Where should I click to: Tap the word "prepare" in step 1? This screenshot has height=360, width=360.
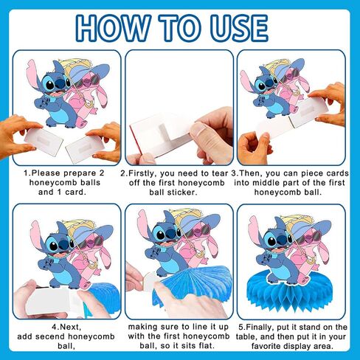[x=79, y=173]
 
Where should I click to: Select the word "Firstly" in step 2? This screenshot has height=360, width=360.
[x=142, y=173]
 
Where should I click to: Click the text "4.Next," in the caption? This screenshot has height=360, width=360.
[x=66, y=328]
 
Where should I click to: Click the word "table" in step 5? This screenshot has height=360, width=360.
[x=246, y=336]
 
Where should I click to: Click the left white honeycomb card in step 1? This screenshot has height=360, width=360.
[x=44, y=142]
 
